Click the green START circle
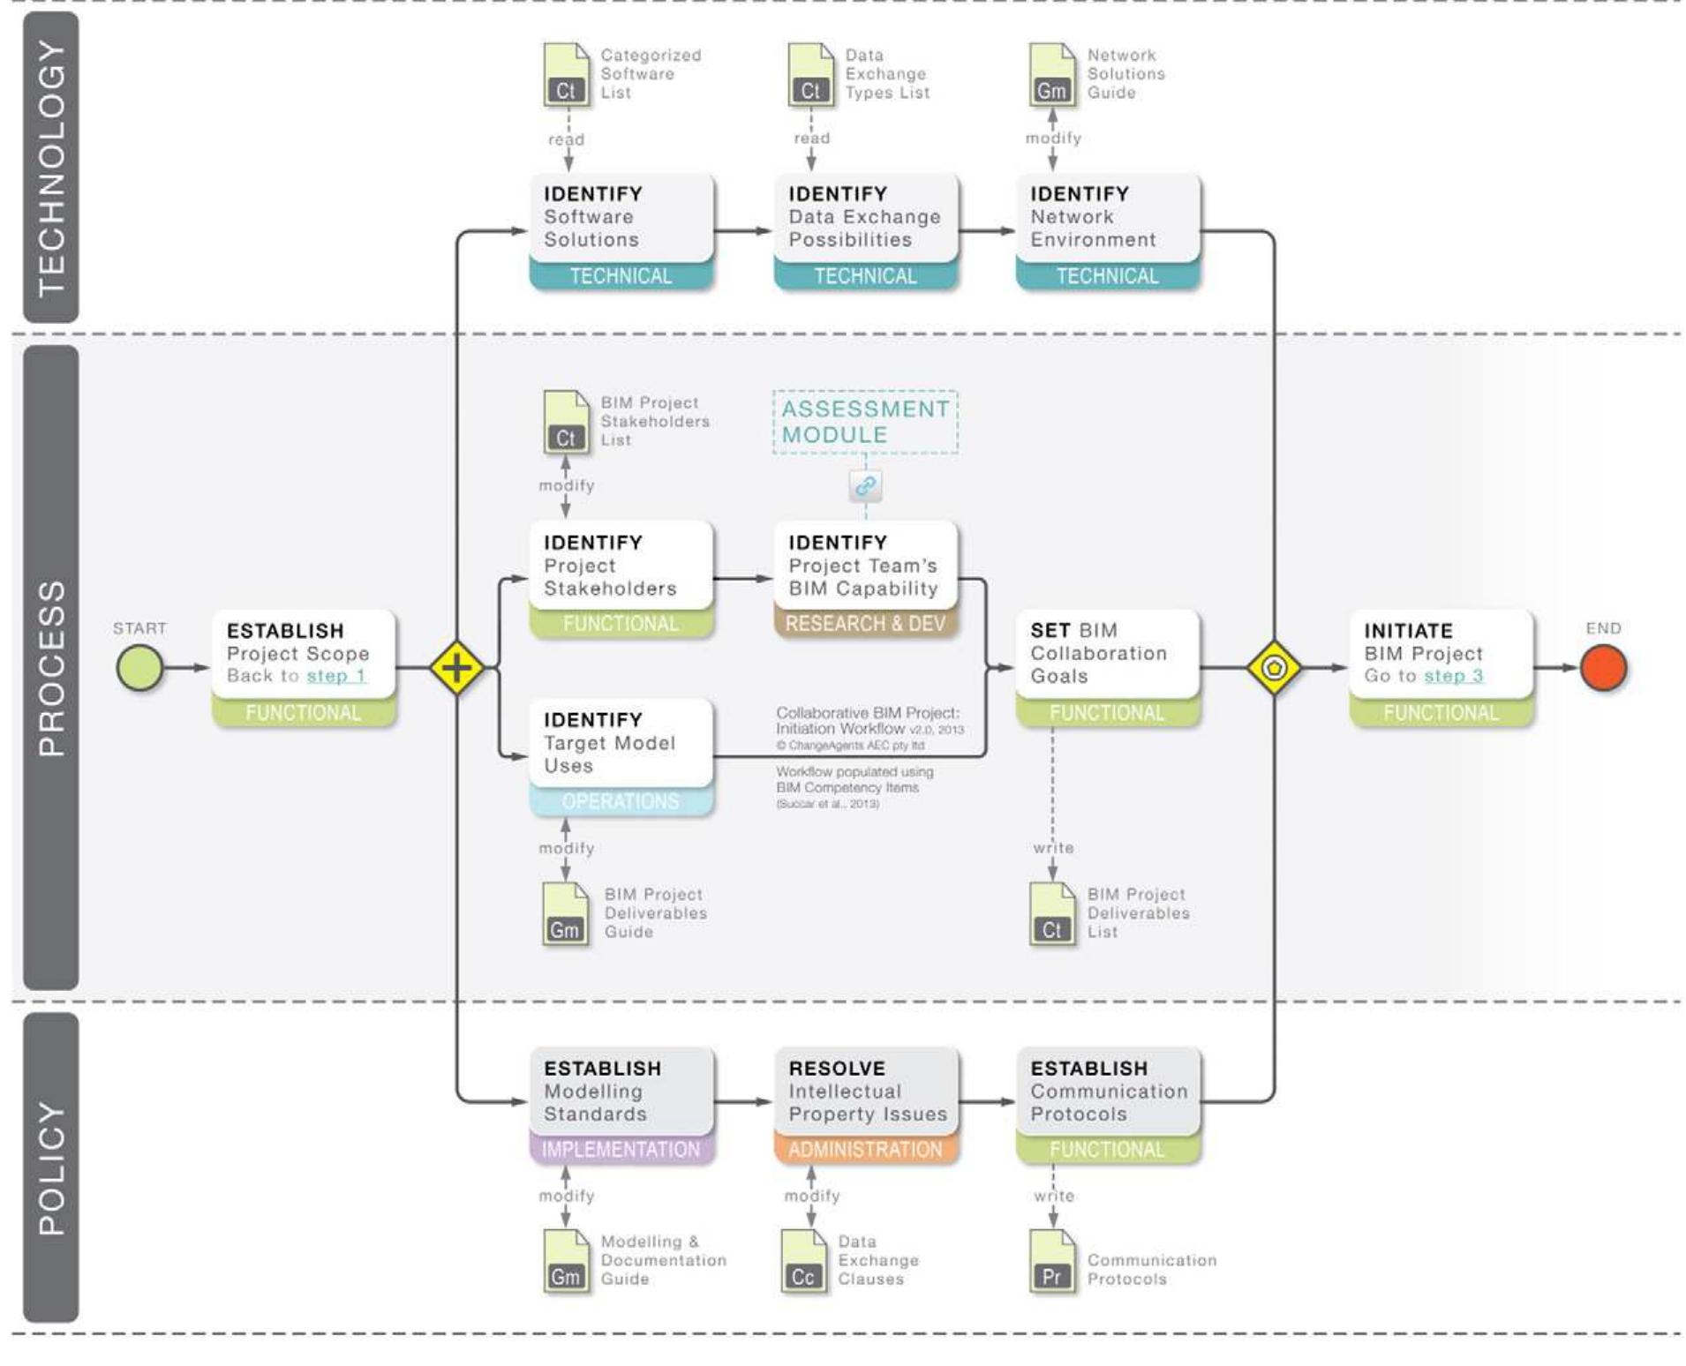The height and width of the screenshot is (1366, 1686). click(139, 667)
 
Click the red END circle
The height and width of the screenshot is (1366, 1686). click(1602, 667)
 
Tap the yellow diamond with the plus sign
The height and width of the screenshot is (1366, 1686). click(456, 667)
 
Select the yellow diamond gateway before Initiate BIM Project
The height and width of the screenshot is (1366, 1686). click(1273, 667)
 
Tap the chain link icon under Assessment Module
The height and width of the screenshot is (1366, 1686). click(865, 485)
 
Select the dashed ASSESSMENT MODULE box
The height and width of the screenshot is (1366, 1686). click(865, 422)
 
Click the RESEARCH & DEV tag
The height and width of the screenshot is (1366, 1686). click(865, 624)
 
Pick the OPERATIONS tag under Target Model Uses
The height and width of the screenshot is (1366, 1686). click(621, 801)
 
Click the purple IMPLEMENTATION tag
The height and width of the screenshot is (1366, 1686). click(621, 1150)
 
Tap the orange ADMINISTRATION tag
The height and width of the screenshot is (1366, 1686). click(865, 1150)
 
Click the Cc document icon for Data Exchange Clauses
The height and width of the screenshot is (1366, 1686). click(803, 1262)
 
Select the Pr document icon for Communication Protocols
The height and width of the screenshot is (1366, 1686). click(1051, 1262)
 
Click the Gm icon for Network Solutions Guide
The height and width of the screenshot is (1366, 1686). click(1051, 76)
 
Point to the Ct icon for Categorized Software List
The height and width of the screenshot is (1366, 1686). click(566, 76)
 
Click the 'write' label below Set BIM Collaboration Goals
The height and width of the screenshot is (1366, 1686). click(1053, 848)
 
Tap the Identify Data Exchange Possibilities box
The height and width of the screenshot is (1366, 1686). click(865, 217)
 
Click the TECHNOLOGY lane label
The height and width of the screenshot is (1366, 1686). click(51, 168)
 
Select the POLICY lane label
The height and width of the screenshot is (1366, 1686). click(51, 1167)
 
